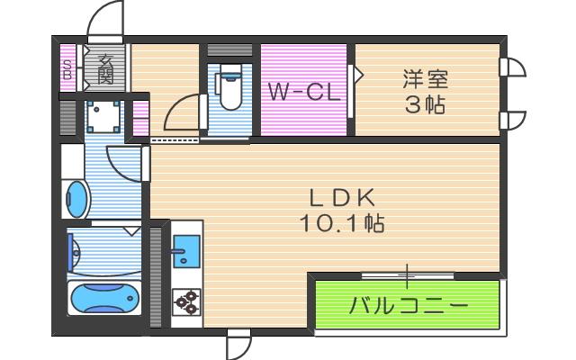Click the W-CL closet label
point(302,92)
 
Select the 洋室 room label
point(424,78)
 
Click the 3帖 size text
point(424,104)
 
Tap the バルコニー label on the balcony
point(408,305)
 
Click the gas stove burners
point(187,301)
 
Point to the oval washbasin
point(77,199)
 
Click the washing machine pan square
point(105,116)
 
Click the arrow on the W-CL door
point(356,74)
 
